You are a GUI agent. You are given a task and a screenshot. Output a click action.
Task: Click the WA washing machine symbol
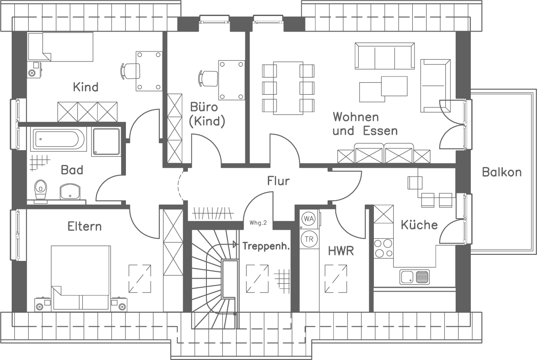(x=308, y=219)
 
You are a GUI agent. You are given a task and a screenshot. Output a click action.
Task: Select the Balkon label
(x=502, y=172)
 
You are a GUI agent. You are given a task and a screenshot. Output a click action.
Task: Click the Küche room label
(x=419, y=225)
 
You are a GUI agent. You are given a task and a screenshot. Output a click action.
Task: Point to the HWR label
(x=341, y=251)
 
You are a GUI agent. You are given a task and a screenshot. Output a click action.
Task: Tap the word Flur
(x=278, y=181)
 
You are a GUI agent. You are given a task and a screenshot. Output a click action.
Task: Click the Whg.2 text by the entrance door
(x=258, y=223)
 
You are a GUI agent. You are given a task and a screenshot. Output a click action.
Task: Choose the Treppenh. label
(x=265, y=246)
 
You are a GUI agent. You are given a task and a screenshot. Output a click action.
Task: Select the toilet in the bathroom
(x=41, y=189)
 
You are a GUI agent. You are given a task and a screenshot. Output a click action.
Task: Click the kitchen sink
(x=414, y=277)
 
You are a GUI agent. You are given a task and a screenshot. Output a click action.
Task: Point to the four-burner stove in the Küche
(x=383, y=248)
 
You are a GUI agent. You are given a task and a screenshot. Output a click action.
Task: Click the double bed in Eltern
(x=80, y=277)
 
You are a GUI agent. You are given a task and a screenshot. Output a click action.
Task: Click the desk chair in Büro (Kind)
(x=208, y=78)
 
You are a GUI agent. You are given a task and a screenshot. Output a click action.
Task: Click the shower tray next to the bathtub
(x=106, y=141)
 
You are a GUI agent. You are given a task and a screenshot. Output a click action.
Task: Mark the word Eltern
(x=84, y=226)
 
